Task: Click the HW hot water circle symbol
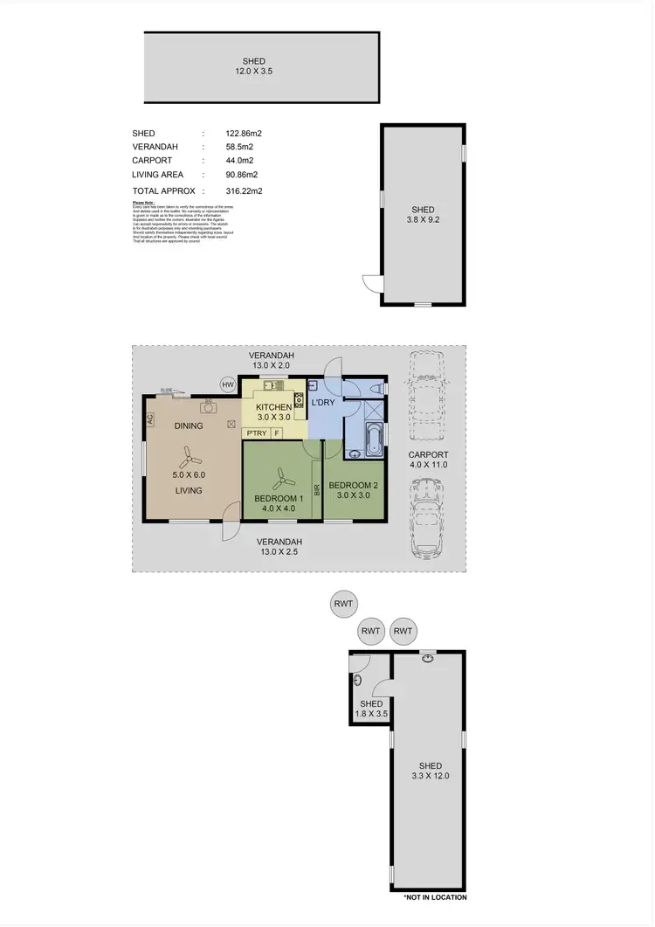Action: click(228, 385)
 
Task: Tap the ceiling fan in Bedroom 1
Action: click(282, 478)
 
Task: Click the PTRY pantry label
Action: click(257, 433)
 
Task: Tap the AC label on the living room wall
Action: click(150, 419)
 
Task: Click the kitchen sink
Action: click(271, 385)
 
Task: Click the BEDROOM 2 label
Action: click(352, 486)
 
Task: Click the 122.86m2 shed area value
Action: click(245, 134)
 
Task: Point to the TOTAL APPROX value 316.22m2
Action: click(245, 190)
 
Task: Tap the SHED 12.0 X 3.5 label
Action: click(254, 66)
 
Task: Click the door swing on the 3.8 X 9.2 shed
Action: click(371, 283)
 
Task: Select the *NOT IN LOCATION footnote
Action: click(434, 897)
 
